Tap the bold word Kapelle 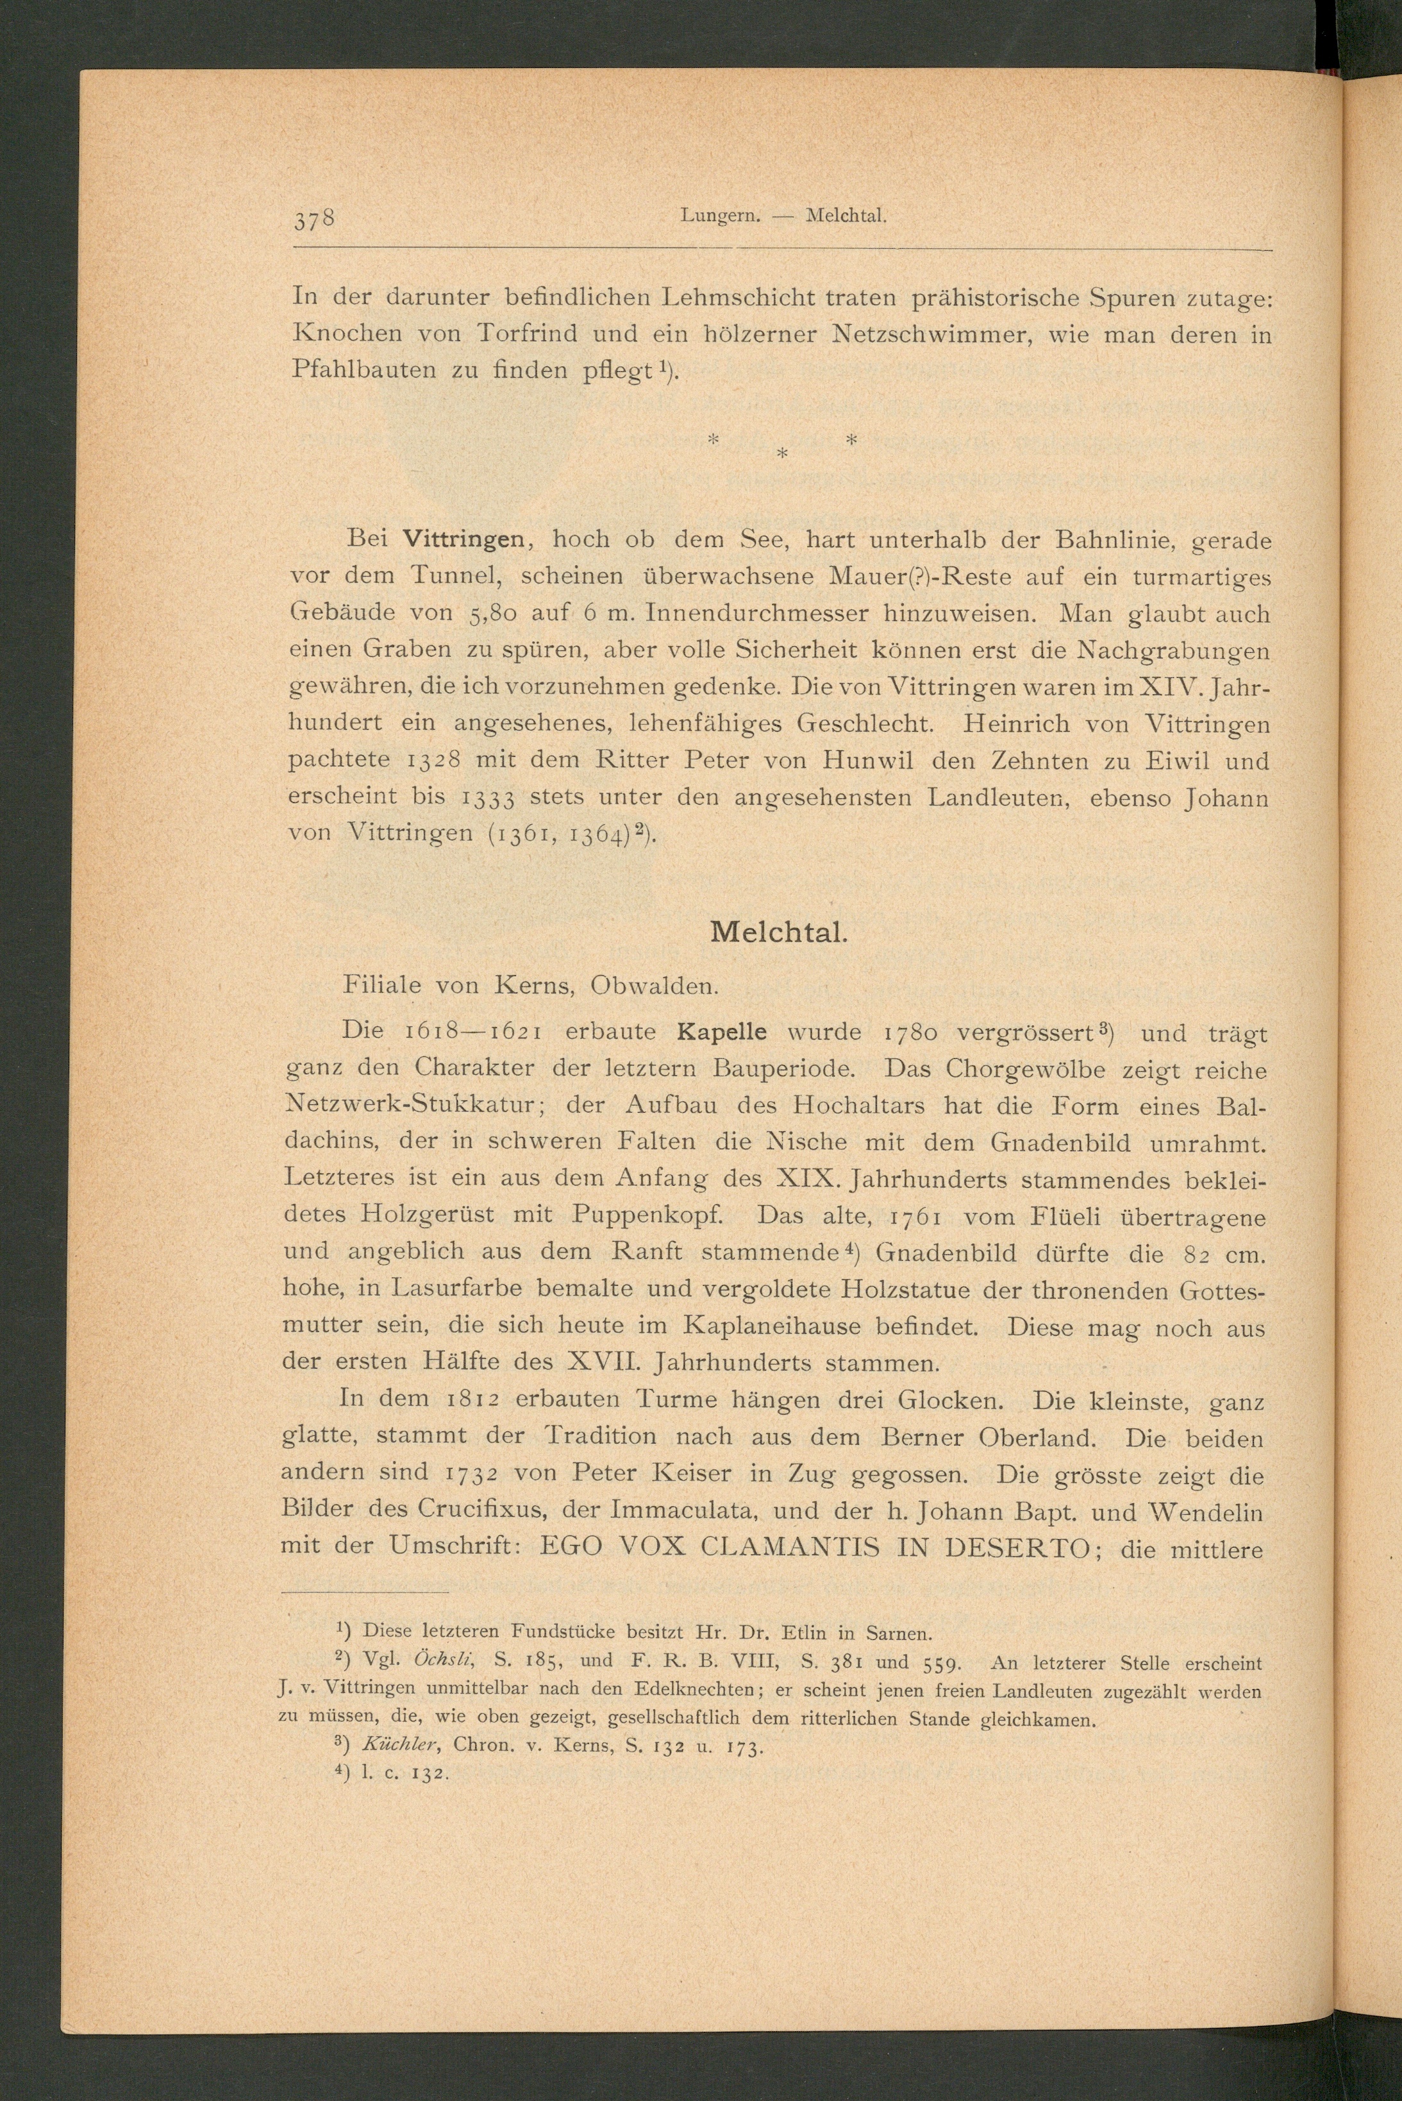pos(722,1031)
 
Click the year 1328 pos(433,760)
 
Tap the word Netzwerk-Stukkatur pos(408,1106)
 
